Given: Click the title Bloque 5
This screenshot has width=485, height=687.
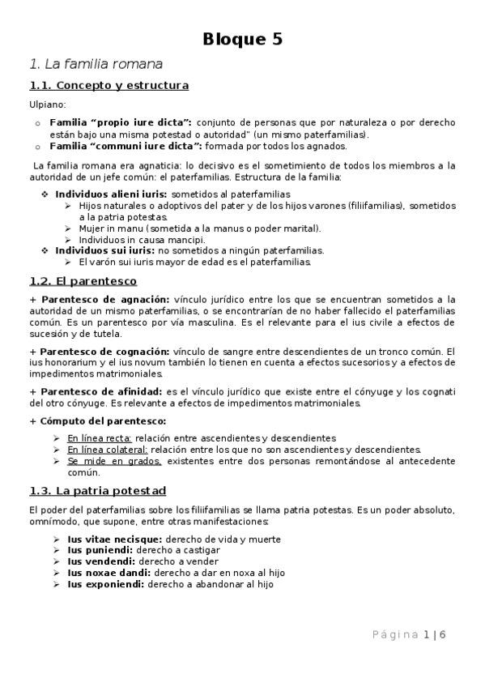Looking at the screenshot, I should tap(242, 40).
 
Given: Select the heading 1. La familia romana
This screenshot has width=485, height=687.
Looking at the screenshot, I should tap(96, 63).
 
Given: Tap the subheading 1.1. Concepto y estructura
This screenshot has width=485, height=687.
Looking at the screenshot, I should tap(108, 85).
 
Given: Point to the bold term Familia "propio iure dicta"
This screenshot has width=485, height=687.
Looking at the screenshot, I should tap(121, 122).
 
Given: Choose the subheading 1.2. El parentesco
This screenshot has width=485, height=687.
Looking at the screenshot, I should tap(83, 281).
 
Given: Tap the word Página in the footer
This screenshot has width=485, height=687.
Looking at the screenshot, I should tap(394, 635).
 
